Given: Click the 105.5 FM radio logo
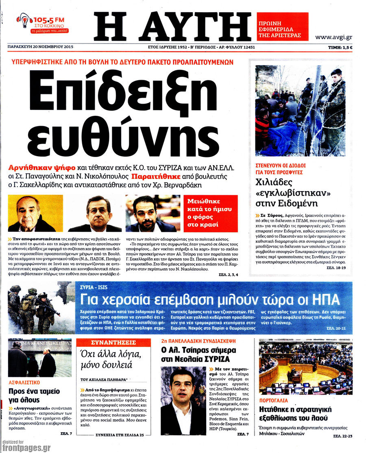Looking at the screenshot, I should pos(43,24).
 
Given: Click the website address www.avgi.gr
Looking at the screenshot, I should pos(333,37).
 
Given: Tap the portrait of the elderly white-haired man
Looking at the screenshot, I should pos(35,213).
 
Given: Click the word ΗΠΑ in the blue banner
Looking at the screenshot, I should pos(325,300).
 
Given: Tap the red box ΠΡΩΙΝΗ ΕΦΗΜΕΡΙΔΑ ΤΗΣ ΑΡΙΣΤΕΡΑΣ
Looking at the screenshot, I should pos(282,26).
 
